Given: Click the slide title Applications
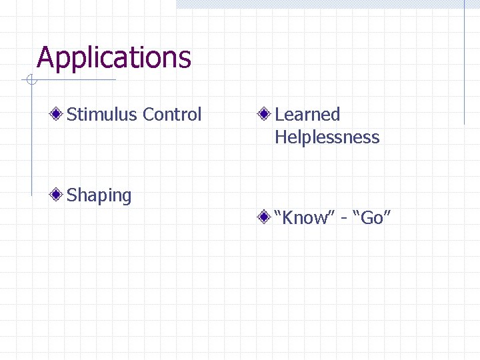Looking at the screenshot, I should (x=114, y=58).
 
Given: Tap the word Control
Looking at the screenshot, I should (x=171, y=115).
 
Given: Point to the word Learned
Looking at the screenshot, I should (x=307, y=115).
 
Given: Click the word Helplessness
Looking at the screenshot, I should (x=327, y=137).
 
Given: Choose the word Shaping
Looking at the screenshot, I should (x=99, y=196).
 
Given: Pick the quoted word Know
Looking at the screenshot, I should (x=307, y=217).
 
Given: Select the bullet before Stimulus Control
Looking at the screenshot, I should (x=59, y=115).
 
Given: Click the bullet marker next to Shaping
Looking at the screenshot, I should (x=59, y=195).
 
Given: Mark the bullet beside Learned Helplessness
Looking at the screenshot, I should (x=265, y=115).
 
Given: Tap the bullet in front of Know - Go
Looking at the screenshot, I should (x=265, y=217).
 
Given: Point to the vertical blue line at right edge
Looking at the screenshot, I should (x=464, y=67).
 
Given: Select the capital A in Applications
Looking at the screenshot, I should (x=45, y=58).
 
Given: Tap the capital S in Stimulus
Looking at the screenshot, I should (x=72, y=115).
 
